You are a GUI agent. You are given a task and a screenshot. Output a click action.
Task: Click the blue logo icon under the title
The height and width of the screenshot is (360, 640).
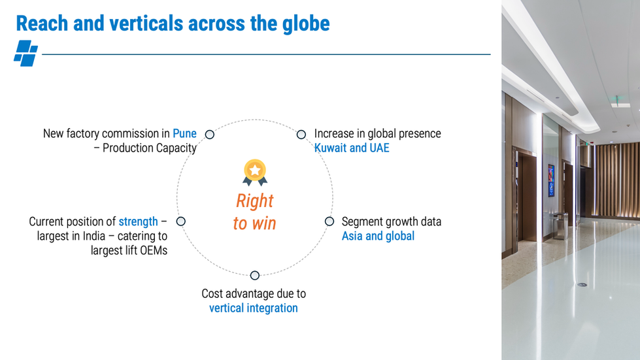[x=25, y=54]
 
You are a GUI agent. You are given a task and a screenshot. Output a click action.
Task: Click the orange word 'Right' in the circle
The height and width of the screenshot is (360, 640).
[x=255, y=201]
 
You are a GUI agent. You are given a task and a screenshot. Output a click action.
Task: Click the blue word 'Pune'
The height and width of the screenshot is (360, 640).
[x=184, y=133]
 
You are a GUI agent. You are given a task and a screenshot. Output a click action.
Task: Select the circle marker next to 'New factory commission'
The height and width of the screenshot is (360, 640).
[x=210, y=135]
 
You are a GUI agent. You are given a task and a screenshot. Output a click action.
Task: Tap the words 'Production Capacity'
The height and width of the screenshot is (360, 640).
[x=150, y=148]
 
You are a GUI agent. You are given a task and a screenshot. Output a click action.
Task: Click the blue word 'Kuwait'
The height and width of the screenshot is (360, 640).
[x=331, y=148]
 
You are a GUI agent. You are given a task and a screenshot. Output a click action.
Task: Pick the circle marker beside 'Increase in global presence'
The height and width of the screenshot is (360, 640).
[x=301, y=135]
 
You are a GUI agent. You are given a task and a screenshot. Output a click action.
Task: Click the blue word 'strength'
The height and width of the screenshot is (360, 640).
[x=138, y=221]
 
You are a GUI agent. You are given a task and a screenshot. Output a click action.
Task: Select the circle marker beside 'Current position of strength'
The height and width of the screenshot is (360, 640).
[x=181, y=221]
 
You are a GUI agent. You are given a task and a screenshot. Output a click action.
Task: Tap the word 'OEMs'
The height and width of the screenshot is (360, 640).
[x=152, y=250]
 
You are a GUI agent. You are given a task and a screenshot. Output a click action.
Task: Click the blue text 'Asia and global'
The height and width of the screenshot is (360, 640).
[x=378, y=236]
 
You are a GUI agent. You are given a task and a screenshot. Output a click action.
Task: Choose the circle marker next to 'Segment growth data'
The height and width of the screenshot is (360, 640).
[x=329, y=221]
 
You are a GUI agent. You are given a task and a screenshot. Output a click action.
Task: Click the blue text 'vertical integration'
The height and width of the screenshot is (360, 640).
[x=253, y=308]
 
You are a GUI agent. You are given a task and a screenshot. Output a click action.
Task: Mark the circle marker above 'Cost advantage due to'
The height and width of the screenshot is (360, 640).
[x=255, y=275]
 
